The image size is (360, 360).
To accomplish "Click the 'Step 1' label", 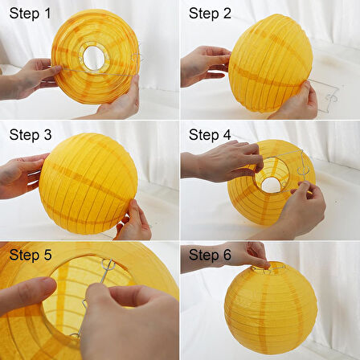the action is coord(30,14).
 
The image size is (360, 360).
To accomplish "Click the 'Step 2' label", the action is coord(210,14).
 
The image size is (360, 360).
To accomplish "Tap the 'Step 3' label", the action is coord(31,134).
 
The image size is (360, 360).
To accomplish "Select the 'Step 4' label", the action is coord(210,134).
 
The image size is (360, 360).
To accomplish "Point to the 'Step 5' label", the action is coord(31,255).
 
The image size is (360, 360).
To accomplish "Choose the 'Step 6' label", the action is coord(210,255).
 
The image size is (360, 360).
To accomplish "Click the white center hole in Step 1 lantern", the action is coord(93,58).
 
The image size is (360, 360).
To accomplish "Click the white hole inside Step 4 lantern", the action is coord(270,185).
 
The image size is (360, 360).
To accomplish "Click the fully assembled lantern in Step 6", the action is coord(271,308).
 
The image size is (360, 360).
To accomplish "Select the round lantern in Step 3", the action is coord(88,184).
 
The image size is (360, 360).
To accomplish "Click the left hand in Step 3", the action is coord(22,176).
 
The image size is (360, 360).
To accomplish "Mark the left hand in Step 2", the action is coord(203,67).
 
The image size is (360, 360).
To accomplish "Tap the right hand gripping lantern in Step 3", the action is coord(134,221).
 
